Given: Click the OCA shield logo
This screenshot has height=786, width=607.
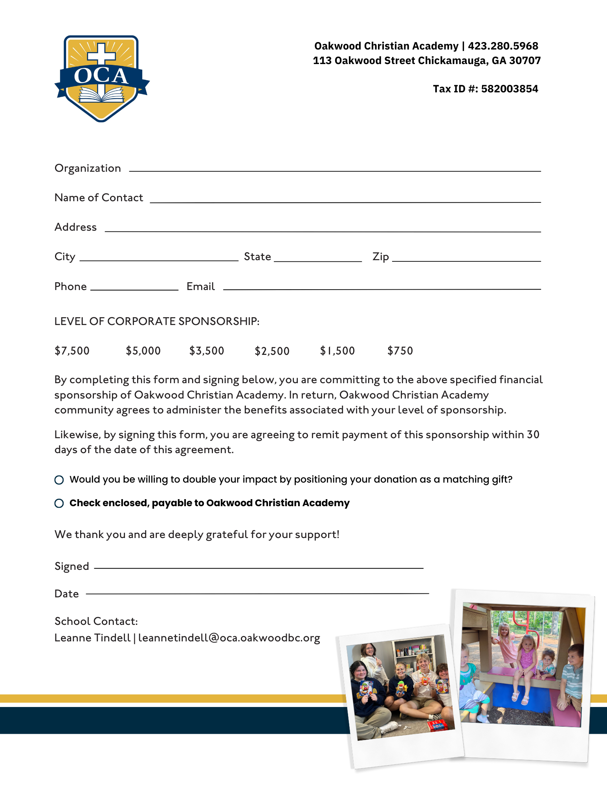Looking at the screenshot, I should pos(102,79).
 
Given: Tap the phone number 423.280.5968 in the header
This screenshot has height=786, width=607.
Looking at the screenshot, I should pos(503,46).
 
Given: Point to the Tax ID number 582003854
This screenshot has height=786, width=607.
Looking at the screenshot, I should pos(510,89).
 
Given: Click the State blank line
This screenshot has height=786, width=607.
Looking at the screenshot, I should pos(318,261).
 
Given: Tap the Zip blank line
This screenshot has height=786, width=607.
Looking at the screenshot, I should pos(466,261).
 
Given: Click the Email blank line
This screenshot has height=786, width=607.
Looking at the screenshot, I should pos(381,288).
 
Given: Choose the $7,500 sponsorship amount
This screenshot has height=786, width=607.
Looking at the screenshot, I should pos(72,351).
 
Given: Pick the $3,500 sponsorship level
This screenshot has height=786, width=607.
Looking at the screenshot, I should pos(207,351).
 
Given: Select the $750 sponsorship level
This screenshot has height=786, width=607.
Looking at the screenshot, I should pos(400,351).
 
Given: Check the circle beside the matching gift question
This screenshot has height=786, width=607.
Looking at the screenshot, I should pos(59,480).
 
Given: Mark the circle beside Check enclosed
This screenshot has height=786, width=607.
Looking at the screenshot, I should pos(59,503).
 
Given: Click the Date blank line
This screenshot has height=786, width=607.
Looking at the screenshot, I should pos(257,593).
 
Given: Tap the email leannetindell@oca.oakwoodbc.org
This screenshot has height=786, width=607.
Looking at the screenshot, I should pos(229,638).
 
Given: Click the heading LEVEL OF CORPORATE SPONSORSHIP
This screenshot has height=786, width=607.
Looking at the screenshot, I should pos(157,321).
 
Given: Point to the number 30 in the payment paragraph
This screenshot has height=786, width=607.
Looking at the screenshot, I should pos(533,435).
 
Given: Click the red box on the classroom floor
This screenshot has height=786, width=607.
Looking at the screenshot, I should pos(437,725).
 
